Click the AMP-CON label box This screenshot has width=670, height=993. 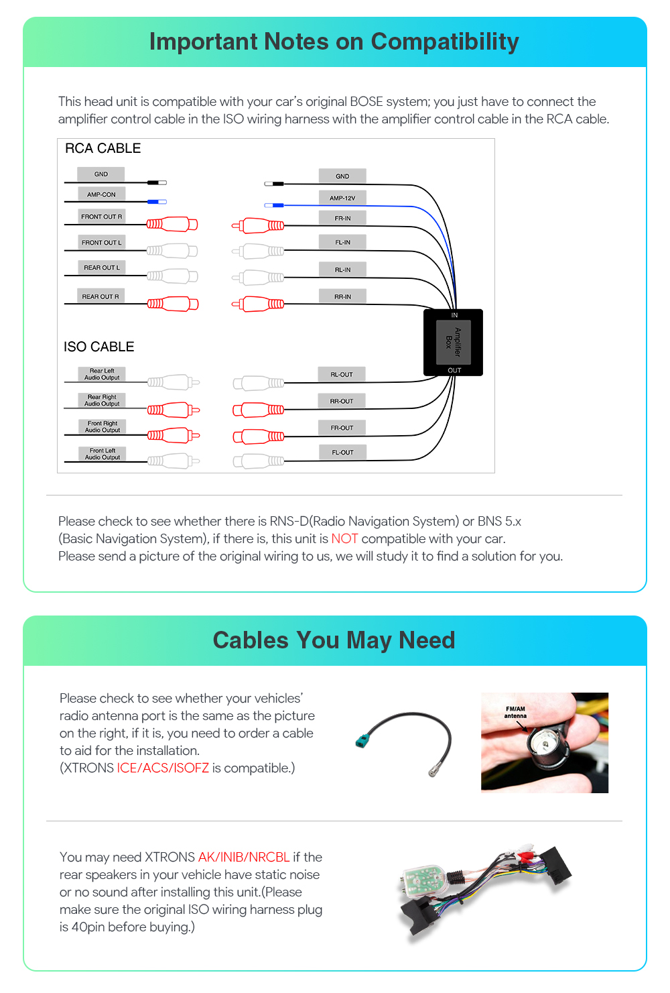pos(101,194)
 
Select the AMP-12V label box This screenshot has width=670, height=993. pos(342,198)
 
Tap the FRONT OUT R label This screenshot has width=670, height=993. pos(102,217)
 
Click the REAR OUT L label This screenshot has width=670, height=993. pos(102,268)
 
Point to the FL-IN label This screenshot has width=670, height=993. pos(342,242)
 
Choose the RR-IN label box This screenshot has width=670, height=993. pos(342,296)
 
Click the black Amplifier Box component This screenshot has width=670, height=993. pos(454,342)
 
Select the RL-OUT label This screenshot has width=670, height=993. pos(342,375)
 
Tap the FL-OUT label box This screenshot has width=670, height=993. pos(342,453)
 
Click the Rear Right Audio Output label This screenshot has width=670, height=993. pos(102,400)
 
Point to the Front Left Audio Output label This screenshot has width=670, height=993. pos(103,454)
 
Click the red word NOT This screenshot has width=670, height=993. pos(344,539)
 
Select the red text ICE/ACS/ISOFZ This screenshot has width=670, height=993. pos(163,768)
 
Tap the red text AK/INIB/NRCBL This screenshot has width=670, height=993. pos(244,858)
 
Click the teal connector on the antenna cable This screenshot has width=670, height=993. pos(362,741)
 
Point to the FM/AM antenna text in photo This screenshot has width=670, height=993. pos(516,712)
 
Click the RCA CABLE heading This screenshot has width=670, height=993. pos(103,148)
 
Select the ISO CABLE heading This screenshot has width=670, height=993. pos(99,347)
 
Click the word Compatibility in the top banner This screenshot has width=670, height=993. pos(445,42)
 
